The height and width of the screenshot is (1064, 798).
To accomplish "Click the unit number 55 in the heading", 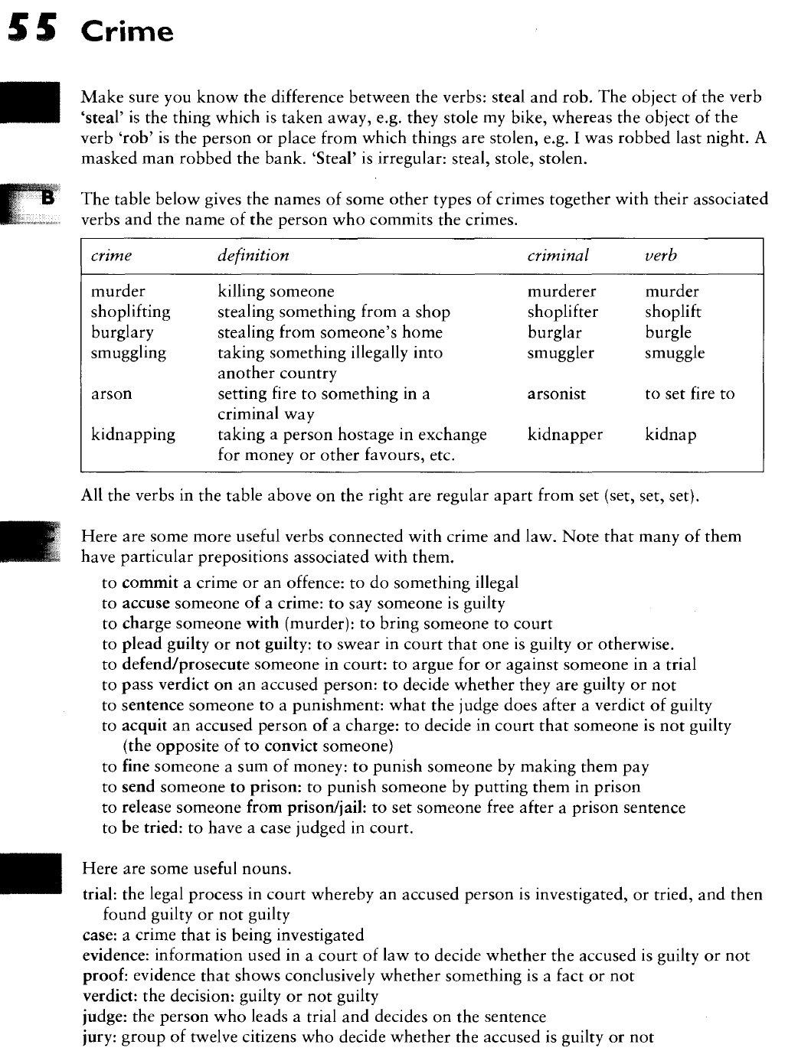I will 33,30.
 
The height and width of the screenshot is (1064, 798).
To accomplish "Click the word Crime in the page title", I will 127,31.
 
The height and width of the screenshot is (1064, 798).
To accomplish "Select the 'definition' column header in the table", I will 253,256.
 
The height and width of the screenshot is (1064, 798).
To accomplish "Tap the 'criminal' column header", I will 558,256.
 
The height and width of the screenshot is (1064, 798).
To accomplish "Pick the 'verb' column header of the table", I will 661,256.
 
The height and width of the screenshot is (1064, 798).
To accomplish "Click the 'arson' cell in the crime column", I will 111,394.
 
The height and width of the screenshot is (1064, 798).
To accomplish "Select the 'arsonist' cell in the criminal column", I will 556,394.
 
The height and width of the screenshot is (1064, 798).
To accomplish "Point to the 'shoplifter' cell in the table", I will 562,312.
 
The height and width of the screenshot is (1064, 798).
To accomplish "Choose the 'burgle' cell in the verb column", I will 668,333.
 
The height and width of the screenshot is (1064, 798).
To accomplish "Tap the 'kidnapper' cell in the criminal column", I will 564,435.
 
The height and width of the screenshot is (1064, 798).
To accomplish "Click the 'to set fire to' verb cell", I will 689,394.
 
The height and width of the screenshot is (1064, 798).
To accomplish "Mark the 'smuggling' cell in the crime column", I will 128,353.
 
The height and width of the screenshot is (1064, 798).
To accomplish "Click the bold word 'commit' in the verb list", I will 149,583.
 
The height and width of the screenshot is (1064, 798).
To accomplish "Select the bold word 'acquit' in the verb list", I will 145,726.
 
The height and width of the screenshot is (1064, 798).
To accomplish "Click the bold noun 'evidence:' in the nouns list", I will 116,956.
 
